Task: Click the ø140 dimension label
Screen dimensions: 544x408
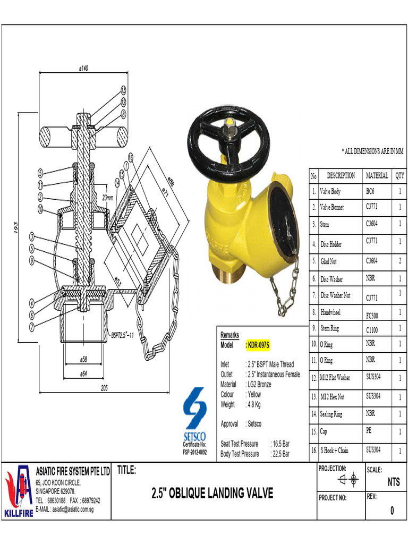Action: pos(83,68)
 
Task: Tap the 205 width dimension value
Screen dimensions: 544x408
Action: pos(104,388)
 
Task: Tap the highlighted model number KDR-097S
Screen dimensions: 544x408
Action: pos(259,345)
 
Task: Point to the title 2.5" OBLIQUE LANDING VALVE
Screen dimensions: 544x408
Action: pos(212,494)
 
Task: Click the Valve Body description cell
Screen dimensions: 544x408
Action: pos(330,192)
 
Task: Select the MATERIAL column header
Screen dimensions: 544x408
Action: pos(377,175)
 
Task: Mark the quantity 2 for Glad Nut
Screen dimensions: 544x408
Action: pos(399,261)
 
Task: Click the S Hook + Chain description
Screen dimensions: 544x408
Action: pos(334,450)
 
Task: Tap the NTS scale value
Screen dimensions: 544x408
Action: pos(393,482)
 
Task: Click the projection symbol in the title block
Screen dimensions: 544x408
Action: pos(348,480)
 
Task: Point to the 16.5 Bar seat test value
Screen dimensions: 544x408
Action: pos(280,444)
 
